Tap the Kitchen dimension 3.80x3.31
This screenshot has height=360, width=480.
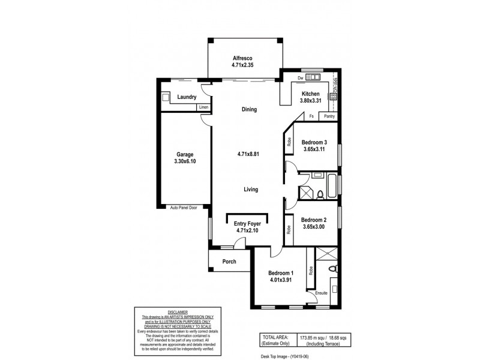coord(311,101)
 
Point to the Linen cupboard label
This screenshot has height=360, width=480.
coord(203,107)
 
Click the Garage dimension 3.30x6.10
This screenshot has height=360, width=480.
coord(185,162)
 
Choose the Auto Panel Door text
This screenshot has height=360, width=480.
coord(184,207)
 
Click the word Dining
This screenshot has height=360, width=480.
coord(249,110)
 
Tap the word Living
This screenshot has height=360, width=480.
coord(250,190)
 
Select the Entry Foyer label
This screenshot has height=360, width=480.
coord(247,223)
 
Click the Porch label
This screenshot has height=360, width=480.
coord(229,262)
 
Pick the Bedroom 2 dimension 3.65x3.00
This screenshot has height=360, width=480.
coord(313,227)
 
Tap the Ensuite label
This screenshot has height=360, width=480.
coord(321,293)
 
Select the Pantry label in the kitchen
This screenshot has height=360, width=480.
coord(329,116)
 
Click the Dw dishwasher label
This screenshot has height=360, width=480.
coord(300,78)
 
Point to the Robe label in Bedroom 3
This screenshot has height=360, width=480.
coord(289,142)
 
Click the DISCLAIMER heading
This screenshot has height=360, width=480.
coord(178,312)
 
